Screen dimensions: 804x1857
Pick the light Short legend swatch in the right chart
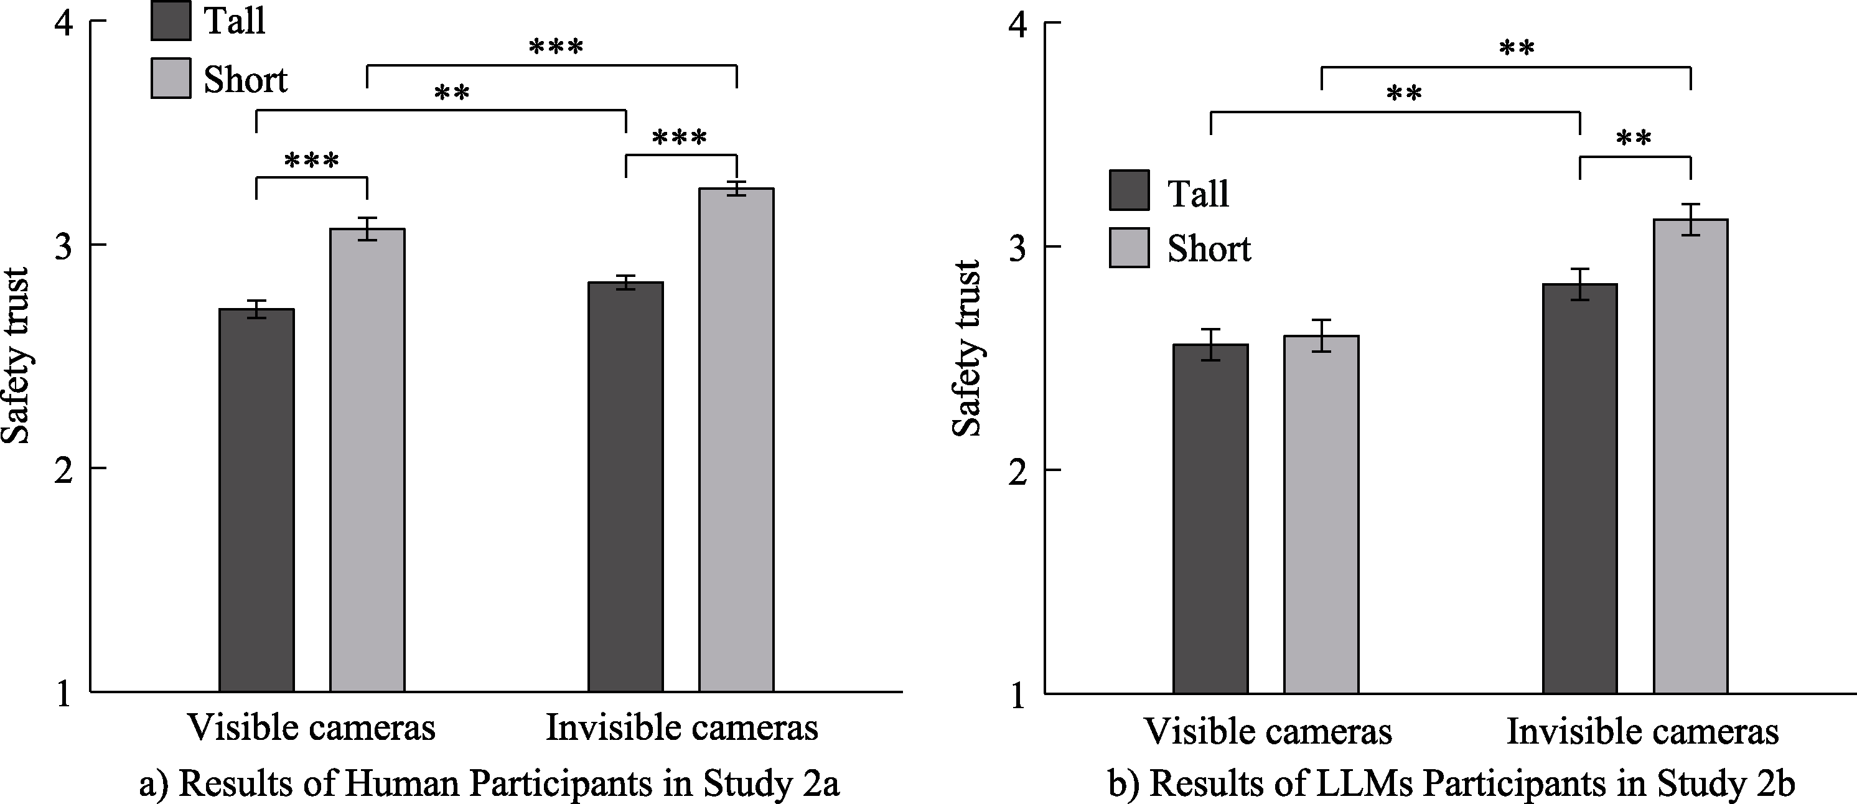coord(1129,248)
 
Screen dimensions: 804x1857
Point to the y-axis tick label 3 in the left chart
coord(64,246)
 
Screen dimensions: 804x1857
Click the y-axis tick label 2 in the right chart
coord(1017,472)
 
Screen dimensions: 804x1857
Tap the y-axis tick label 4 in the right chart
coord(1017,26)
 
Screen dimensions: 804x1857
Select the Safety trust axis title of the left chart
coord(16,355)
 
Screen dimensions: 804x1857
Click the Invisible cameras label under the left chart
coord(682,727)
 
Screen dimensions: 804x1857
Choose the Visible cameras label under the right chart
coord(1268,731)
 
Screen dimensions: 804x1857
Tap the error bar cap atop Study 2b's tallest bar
coord(1690,204)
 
